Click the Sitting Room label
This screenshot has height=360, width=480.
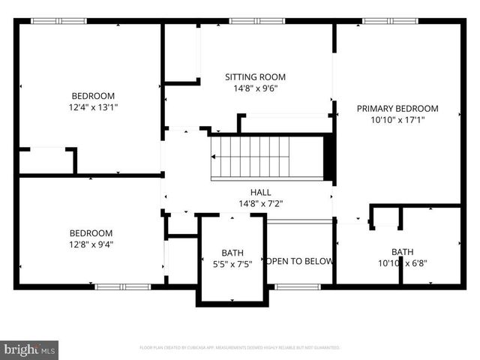[256, 76]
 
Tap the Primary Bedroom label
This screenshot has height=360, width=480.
[397, 109]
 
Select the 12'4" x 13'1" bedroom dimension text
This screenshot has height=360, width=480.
[93, 107]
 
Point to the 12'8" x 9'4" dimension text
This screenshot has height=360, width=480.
[91, 244]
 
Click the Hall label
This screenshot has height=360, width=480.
[261, 192]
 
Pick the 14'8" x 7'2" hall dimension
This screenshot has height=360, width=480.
[261, 202]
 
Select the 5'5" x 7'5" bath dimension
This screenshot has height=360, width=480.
[232, 263]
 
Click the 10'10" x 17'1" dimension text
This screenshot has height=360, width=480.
[397, 120]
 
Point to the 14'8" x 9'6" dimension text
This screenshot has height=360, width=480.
[256, 87]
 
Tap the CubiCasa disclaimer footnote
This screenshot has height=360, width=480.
[240, 348]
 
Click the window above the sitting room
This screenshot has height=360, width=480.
[251, 21]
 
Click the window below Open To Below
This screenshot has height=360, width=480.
[298, 286]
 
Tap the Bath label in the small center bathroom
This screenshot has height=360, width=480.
[232, 253]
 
